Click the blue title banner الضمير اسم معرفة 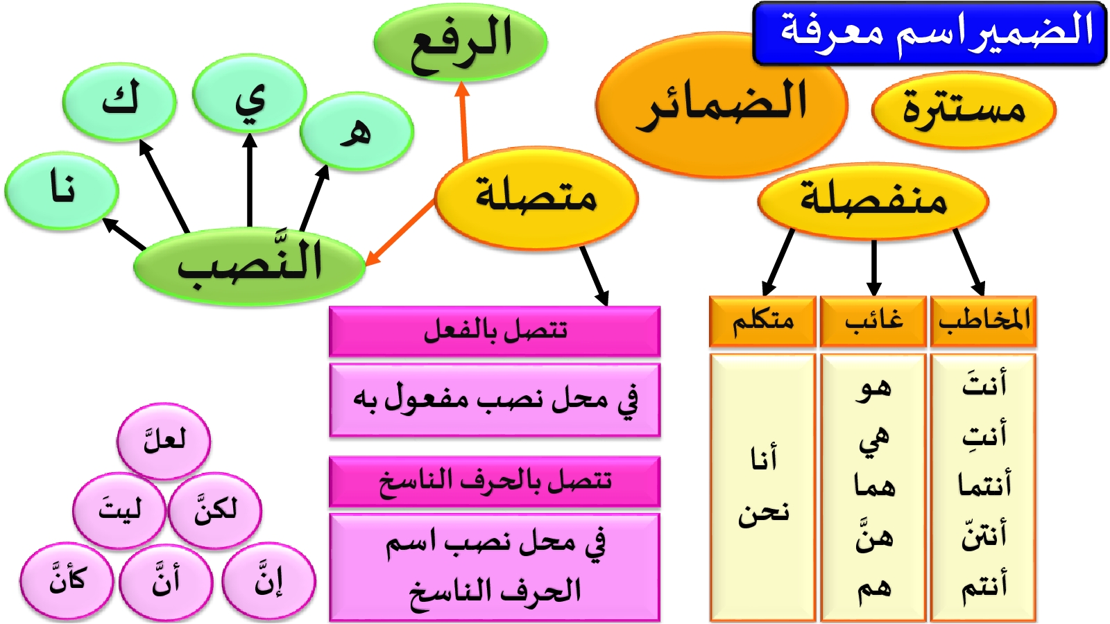[930, 33]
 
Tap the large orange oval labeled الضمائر [721, 104]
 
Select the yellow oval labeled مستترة [964, 110]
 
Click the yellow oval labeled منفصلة [873, 201]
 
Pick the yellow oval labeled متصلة [536, 198]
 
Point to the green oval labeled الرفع [461, 42]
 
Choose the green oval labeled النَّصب [250, 266]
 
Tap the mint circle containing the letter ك [119, 102]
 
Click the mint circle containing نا [62, 191]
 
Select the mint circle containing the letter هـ [357, 131]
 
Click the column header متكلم [762, 322]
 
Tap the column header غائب [873, 322]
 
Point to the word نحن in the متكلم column [763, 513]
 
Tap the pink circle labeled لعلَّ [164, 440]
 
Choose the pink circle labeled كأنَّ [67, 580]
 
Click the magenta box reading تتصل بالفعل [495, 331]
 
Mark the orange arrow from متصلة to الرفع [463, 121]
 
